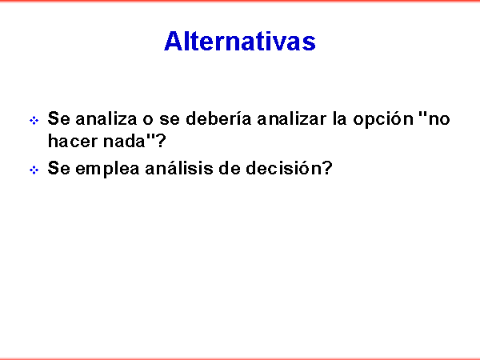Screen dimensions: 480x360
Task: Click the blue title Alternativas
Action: pyautogui.click(x=240, y=41)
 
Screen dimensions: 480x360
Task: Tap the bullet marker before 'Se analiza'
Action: pyautogui.click(x=34, y=120)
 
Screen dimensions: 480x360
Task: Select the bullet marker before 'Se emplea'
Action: pyautogui.click(x=34, y=170)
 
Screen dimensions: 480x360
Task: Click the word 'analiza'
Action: pyautogui.click(x=106, y=118)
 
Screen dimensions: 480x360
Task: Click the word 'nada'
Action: pyautogui.click(x=124, y=141)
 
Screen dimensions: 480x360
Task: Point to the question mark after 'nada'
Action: pyautogui.click(x=161, y=141)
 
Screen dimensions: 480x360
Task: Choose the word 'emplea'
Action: pyautogui.click(x=107, y=169)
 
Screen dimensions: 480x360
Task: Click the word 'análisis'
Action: pyautogui.click(x=179, y=168)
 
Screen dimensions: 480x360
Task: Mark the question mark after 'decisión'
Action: pyautogui.click(x=327, y=168)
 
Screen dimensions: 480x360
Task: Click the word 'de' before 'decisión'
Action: pyautogui.click(x=230, y=168)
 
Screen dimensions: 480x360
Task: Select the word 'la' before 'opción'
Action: pyautogui.click(x=340, y=118)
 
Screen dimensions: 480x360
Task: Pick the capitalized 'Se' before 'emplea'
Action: pyautogui.click(x=58, y=168)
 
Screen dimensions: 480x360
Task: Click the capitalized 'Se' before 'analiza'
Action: pyautogui.click(x=58, y=118)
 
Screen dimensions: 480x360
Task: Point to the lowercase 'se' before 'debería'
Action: pyautogui.click(x=170, y=120)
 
